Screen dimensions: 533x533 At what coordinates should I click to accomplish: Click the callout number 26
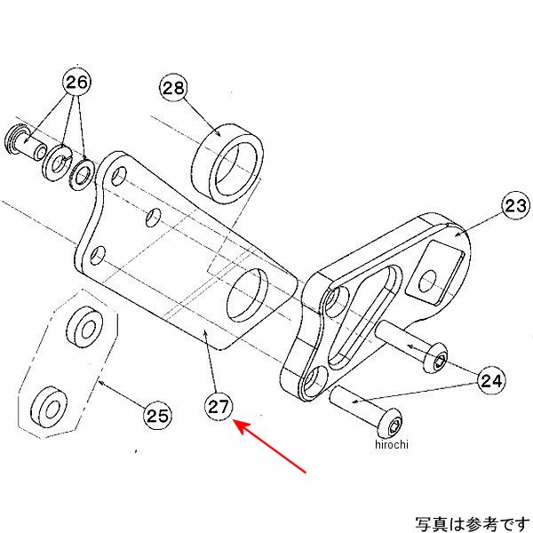click(x=76, y=84)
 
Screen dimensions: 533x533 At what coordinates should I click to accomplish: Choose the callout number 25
click(x=156, y=414)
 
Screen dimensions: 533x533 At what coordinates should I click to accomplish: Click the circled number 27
click(x=219, y=408)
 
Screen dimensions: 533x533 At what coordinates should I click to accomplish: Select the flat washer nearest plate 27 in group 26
click(x=81, y=172)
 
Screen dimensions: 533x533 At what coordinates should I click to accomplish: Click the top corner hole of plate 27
click(x=118, y=173)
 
